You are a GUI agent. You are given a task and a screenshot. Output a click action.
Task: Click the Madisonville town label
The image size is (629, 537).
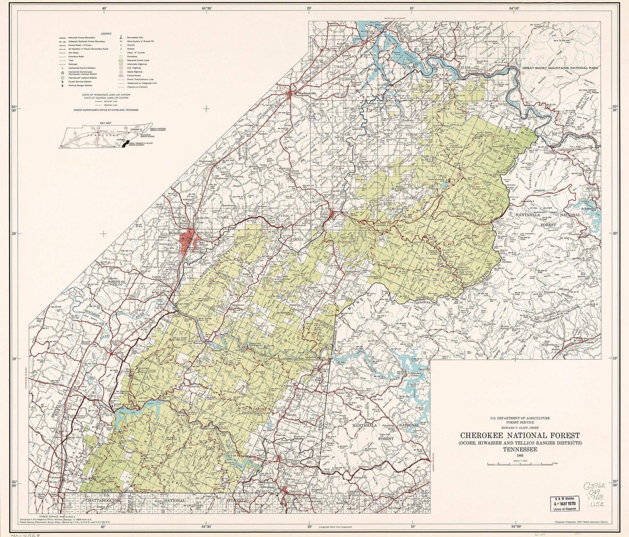click(x=307, y=93)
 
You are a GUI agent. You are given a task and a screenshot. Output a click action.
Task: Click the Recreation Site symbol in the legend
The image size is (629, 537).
click(x=121, y=37)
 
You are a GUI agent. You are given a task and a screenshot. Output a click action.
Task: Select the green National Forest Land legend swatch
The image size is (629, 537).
click(x=121, y=60)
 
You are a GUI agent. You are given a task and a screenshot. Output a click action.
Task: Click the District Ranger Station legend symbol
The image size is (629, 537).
click(x=61, y=85)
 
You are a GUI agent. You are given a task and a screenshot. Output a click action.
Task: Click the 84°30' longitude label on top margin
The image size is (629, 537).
click(x=206, y=9)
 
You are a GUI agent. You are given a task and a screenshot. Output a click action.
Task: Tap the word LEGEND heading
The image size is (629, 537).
click(x=106, y=33)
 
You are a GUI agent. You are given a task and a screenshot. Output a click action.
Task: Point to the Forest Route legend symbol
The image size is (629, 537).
click(x=121, y=76)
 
